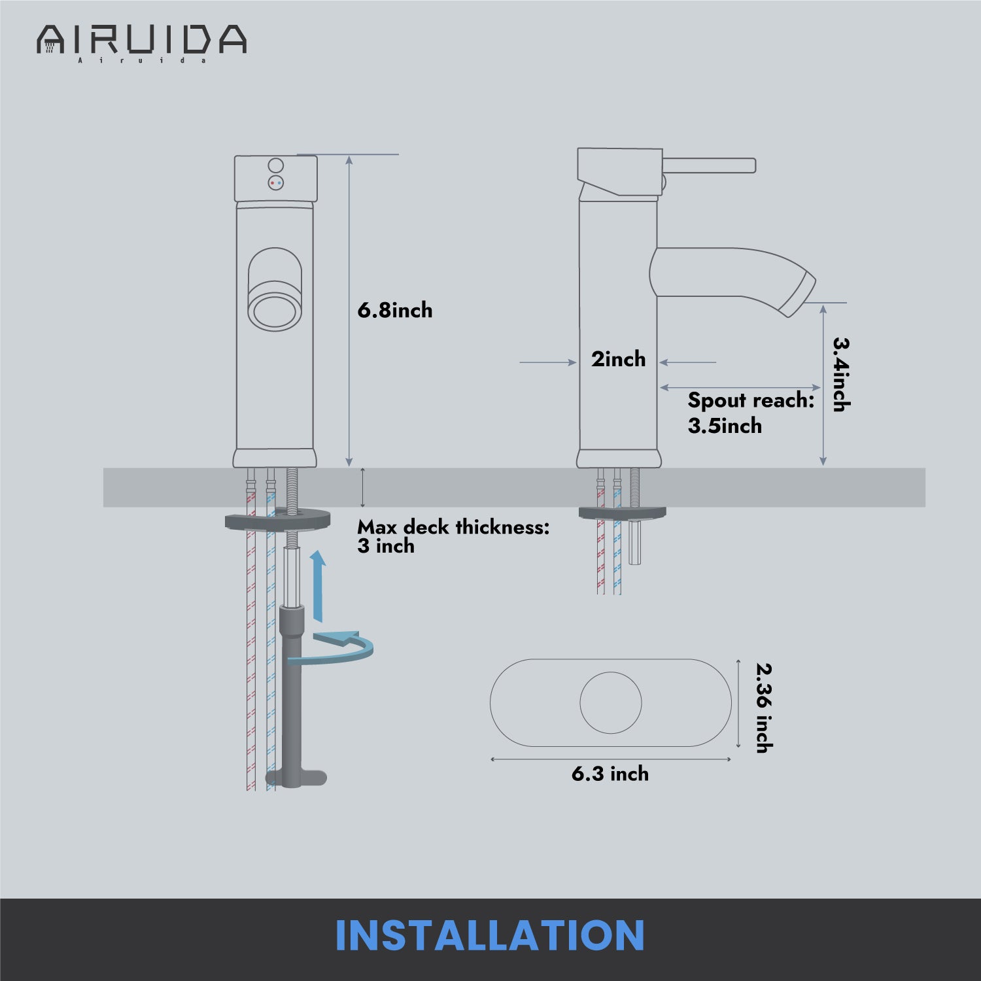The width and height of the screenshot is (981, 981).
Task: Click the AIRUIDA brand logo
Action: click(x=141, y=43)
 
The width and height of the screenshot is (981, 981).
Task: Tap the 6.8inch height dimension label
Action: click(x=395, y=310)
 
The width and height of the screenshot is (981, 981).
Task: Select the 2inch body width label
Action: click(x=618, y=359)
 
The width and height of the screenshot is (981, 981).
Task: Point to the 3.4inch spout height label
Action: click(x=840, y=374)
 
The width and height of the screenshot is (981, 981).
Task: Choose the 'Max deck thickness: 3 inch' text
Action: click(x=453, y=536)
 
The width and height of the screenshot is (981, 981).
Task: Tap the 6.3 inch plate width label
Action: click(x=610, y=774)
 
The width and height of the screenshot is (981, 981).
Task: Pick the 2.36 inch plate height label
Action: click(x=764, y=708)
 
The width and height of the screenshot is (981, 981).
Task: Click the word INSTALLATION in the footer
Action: click(x=490, y=935)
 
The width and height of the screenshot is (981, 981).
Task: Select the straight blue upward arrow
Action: click(x=318, y=586)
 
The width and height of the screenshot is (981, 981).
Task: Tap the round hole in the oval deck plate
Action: click(x=611, y=703)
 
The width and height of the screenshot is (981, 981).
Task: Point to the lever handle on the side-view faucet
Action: click(x=710, y=165)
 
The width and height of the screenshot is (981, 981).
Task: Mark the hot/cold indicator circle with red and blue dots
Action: click(x=276, y=183)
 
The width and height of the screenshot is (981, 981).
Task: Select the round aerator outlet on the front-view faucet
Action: click(x=275, y=305)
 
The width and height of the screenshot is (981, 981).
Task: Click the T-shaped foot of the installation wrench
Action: click(x=296, y=778)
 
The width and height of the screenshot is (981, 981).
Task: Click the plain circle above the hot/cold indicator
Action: click(x=276, y=165)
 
